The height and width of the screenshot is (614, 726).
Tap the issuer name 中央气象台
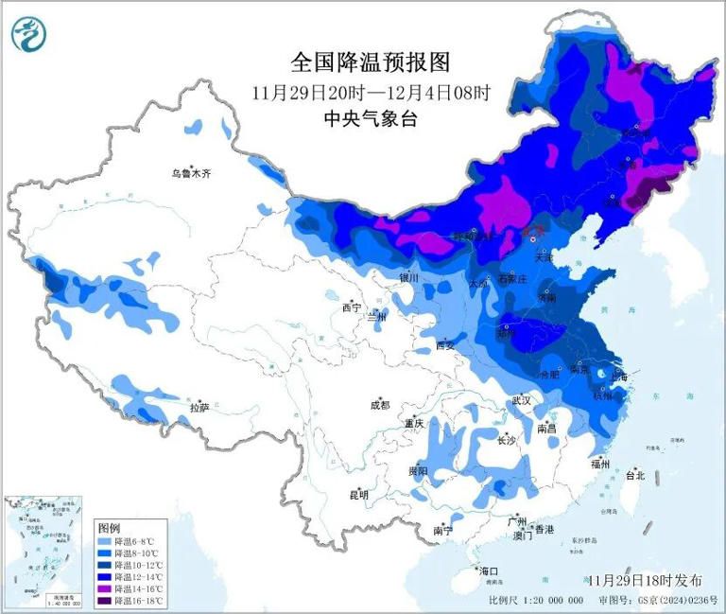pos(371,119)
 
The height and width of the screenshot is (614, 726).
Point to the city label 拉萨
pos(199,408)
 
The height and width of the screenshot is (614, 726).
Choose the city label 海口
pos(488,571)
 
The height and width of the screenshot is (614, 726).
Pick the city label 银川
pos(407,279)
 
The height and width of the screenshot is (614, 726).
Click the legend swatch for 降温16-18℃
pos(105,600)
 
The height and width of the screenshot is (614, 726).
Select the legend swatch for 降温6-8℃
pos(105,540)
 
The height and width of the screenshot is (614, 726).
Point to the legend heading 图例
pos(110,526)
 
